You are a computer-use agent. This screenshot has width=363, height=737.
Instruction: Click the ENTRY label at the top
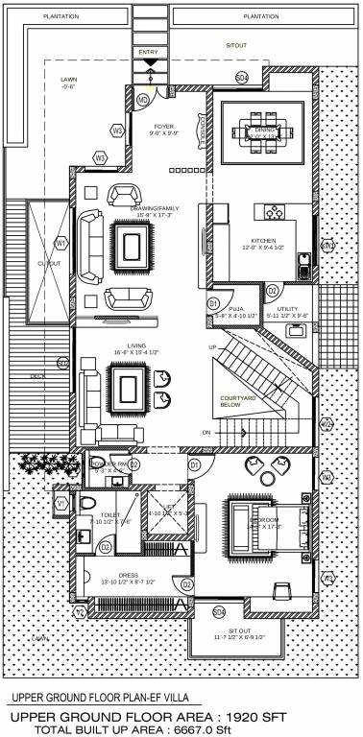pyautogui.click(x=149, y=51)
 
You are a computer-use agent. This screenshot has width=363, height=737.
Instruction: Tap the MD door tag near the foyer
pyautogui.click(x=143, y=99)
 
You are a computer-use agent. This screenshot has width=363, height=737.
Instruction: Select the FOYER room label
pyautogui.click(x=163, y=126)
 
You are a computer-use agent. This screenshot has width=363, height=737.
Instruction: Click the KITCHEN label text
pyautogui.click(x=264, y=240)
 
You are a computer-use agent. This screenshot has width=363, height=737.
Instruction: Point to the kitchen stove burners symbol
pyautogui.click(x=273, y=212)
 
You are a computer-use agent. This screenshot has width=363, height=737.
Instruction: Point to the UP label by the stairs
pyautogui.click(x=212, y=346)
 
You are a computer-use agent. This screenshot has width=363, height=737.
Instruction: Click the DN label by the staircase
pyautogui.click(x=206, y=433)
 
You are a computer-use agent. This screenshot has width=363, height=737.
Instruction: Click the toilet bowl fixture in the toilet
pyautogui.click(x=85, y=505)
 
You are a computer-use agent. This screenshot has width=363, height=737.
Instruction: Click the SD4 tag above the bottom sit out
pyautogui.click(x=218, y=611)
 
